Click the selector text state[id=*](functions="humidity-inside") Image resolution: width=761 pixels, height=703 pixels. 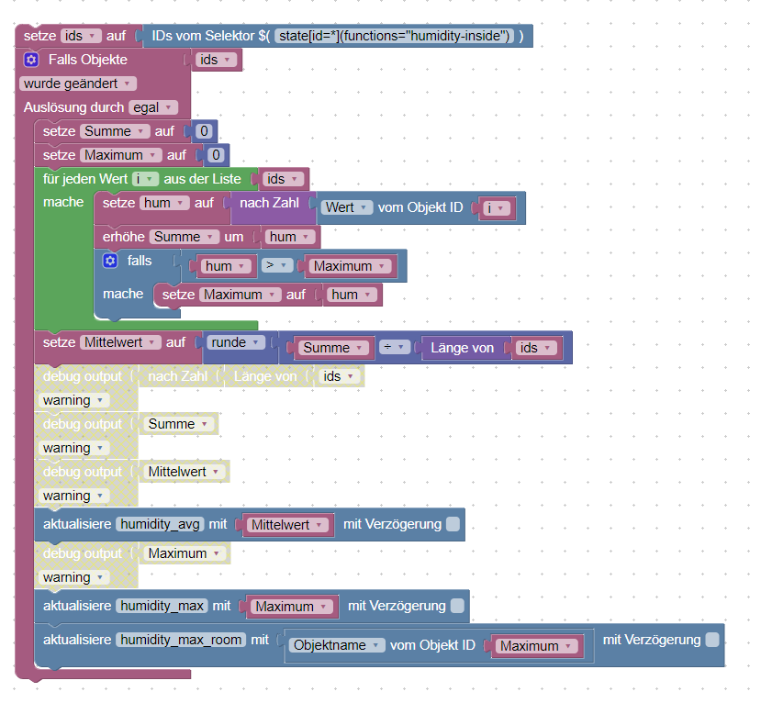(x=394, y=36)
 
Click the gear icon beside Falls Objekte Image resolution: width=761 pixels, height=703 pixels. (x=31, y=60)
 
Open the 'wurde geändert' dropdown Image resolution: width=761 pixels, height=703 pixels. (x=78, y=84)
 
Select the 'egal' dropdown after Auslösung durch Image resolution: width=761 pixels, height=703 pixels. (x=152, y=107)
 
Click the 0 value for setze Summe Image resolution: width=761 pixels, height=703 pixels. (x=205, y=131)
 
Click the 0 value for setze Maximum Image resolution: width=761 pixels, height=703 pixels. (x=217, y=155)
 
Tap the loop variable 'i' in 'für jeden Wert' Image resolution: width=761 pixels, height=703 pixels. (x=145, y=179)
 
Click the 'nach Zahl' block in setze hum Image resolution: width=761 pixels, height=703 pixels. (x=269, y=203)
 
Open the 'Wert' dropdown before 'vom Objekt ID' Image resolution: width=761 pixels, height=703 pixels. (x=347, y=208)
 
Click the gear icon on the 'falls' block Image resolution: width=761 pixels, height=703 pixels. (x=111, y=262)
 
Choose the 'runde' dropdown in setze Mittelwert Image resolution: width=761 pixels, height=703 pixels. (x=237, y=342)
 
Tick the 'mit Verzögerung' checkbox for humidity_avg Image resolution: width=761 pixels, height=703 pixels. (x=453, y=525)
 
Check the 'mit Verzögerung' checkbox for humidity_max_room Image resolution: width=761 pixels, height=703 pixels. (x=712, y=640)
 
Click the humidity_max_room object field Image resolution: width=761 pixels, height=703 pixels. (x=181, y=640)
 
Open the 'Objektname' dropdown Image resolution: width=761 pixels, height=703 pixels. (x=337, y=645)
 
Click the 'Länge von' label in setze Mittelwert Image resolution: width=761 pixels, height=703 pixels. (x=463, y=348)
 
